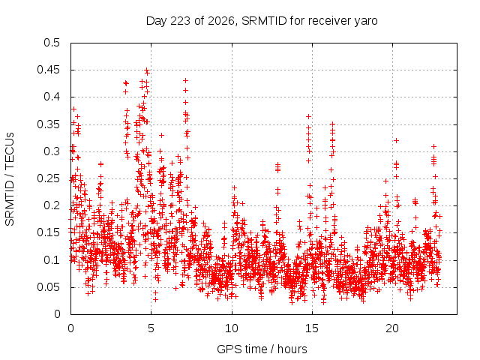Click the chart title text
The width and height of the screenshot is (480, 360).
click(262, 21)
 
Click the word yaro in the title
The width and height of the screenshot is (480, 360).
click(366, 22)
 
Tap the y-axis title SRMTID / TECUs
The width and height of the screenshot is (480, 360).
click(10, 179)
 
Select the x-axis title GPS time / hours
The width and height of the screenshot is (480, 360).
click(262, 349)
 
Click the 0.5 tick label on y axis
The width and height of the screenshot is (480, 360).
click(52, 43)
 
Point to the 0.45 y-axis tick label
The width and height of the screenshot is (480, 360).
click(48, 70)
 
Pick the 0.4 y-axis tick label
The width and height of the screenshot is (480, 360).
click(52, 97)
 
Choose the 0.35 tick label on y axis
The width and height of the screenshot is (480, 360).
click(48, 124)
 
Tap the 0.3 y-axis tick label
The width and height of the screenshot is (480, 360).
click(52, 151)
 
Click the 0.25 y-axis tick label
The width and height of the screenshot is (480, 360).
click(48, 178)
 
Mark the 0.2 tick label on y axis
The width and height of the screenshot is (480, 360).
click(52, 205)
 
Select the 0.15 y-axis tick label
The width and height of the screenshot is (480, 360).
click(48, 232)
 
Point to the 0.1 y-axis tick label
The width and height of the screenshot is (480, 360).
click(52, 260)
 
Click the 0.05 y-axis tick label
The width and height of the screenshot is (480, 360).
click(48, 287)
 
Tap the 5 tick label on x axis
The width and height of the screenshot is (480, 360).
click(151, 328)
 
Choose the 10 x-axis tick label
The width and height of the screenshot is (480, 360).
click(232, 328)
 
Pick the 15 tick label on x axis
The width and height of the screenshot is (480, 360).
click(312, 328)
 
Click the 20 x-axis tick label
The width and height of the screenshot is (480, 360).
click(392, 328)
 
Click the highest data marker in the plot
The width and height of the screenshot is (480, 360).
click(147, 70)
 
